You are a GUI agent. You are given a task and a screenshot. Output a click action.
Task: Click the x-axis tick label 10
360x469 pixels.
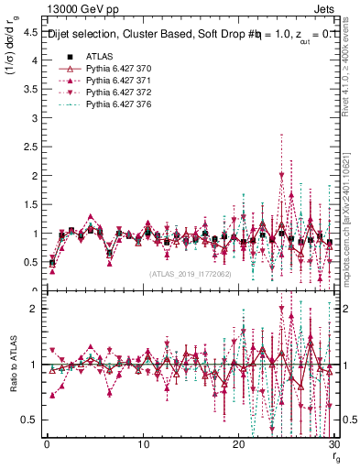[x=143, y=444]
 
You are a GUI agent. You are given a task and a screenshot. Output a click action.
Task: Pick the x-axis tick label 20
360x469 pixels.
[x=238, y=444]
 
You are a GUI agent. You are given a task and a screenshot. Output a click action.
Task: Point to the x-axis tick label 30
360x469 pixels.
[x=334, y=444]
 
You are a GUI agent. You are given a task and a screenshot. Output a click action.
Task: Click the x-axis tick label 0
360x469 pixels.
[x=47, y=444]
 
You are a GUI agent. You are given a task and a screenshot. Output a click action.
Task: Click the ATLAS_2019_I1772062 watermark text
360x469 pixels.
[x=191, y=274]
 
